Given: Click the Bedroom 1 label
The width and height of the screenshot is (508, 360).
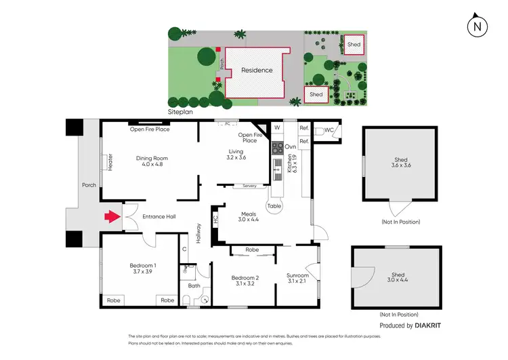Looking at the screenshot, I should click(x=143, y=268).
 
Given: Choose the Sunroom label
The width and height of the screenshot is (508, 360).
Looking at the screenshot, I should click(x=298, y=279).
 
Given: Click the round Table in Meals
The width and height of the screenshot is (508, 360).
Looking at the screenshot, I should click(x=274, y=205).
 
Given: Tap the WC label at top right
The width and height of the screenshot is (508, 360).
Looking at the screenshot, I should click(x=329, y=129).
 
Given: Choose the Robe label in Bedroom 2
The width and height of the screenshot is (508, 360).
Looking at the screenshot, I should click(x=252, y=250).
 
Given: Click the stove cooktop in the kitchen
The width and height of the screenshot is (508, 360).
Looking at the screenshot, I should click(x=277, y=147).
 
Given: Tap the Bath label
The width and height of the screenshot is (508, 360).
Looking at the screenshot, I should click(x=194, y=285).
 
